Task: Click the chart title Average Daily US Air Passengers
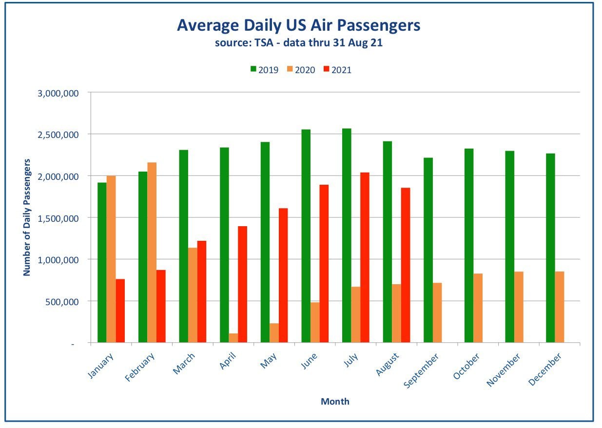pyautogui.click(x=298, y=25)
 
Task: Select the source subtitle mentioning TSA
pyautogui.click(x=299, y=43)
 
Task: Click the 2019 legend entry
pyautogui.click(x=265, y=70)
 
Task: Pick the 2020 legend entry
pyautogui.click(x=301, y=70)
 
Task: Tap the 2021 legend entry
pyautogui.click(x=337, y=70)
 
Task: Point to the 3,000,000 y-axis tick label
pyautogui.click(x=58, y=94)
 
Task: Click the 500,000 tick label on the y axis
pyautogui.click(x=62, y=302)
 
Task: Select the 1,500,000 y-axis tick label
pyautogui.click(x=58, y=218)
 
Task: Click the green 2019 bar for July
pyautogui.click(x=347, y=235)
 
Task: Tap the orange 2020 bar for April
pyautogui.click(x=233, y=338)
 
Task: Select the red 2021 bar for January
pyautogui.click(x=120, y=311)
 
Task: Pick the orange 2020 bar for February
pyautogui.click(x=152, y=253)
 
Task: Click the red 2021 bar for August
pyautogui.click(x=406, y=265)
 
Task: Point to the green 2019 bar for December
pyautogui.click(x=550, y=248)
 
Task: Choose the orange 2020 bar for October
pyautogui.click(x=478, y=308)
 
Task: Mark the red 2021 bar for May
pyautogui.click(x=283, y=275)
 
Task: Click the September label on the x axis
pyautogui.click(x=421, y=371)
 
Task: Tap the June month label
pyautogui.click(x=309, y=361)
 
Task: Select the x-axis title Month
pyautogui.click(x=335, y=401)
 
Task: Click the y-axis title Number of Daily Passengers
pyautogui.click(x=27, y=217)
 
